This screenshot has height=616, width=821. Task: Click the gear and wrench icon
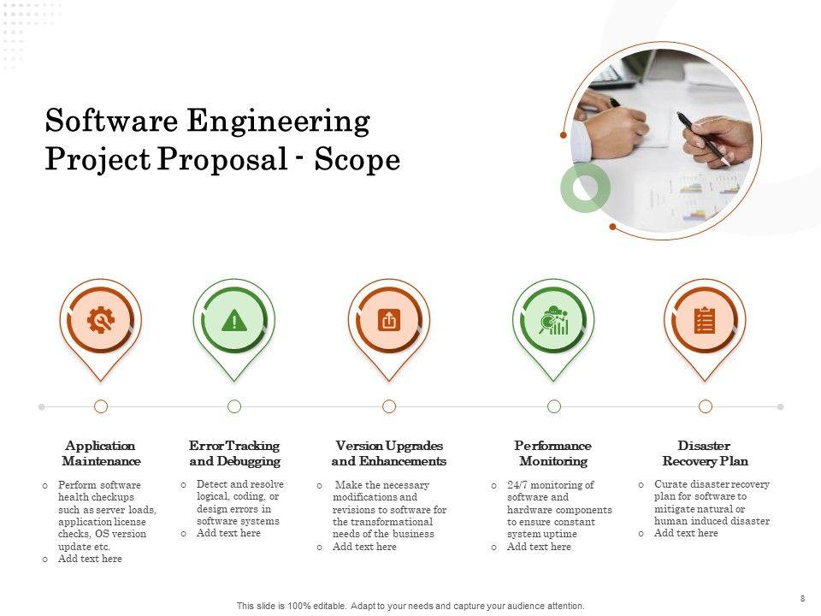pyautogui.click(x=101, y=320)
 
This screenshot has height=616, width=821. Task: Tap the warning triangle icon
pyautogui.click(x=234, y=321)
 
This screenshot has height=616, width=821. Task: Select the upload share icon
pyautogui.click(x=389, y=320)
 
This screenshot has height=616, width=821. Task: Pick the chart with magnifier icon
pyautogui.click(x=553, y=320)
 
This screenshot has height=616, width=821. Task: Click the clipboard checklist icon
pyautogui.click(x=705, y=321)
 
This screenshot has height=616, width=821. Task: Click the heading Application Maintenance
pyautogui.click(x=101, y=453)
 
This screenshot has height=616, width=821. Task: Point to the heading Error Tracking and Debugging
pyautogui.click(x=234, y=453)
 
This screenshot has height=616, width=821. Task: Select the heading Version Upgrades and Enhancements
pyautogui.click(x=389, y=453)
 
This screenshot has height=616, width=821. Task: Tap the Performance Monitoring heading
pyautogui.click(x=553, y=453)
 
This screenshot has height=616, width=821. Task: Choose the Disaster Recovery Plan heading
pyautogui.click(x=705, y=453)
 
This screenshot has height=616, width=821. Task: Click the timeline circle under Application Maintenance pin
pyautogui.click(x=101, y=406)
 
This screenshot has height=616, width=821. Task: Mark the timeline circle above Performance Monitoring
pyautogui.click(x=554, y=406)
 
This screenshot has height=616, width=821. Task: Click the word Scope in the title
pyautogui.click(x=357, y=159)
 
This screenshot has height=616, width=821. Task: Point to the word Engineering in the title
pyautogui.click(x=279, y=122)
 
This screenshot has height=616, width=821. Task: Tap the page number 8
pyautogui.click(x=803, y=599)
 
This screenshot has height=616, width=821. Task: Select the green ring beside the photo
pyautogui.click(x=585, y=187)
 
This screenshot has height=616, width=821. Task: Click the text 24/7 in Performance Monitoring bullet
pyautogui.click(x=517, y=485)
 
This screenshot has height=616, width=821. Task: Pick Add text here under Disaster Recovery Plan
pyautogui.click(x=686, y=533)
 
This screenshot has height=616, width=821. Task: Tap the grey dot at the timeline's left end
pyautogui.click(x=42, y=407)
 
